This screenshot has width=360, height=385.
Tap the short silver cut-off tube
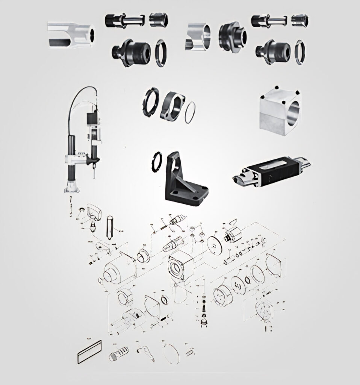[198, 37]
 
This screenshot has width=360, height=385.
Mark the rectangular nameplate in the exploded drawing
[89, 352]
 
